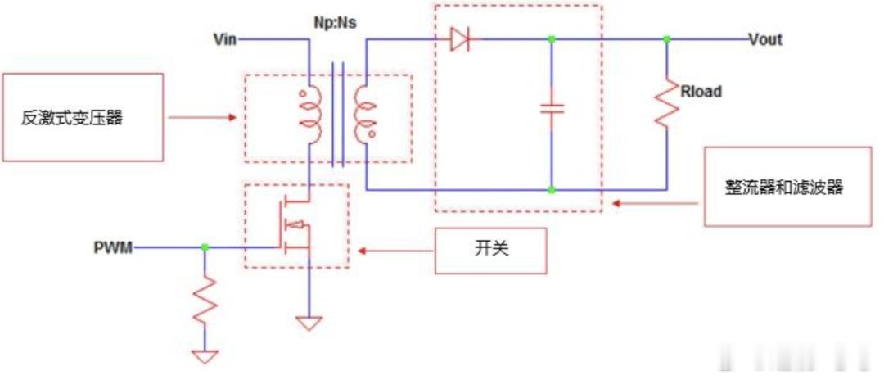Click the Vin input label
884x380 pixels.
tap(225, 39)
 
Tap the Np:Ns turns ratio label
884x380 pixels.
tap(335, 25)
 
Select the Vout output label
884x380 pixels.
tap(765, 39)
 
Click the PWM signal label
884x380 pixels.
tap(113, 247)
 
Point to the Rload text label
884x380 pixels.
tap(701, 92)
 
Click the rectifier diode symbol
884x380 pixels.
tap(460, 39)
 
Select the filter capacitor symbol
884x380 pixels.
tap(552, 108)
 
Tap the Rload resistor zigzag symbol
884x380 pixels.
tap(666, 102)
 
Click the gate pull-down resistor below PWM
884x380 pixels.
tap(205, 300)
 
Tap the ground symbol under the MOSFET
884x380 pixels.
tap(309, 323)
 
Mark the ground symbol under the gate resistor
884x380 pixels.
tap(205, 357)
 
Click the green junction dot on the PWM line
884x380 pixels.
tap(205, 247)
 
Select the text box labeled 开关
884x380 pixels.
tap(490, 251)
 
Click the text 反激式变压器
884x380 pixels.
tap(72, 119)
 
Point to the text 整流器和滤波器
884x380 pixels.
tap(783, 188)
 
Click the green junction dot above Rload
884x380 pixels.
tap(666, 39)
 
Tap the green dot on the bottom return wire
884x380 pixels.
tap(552, 190)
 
